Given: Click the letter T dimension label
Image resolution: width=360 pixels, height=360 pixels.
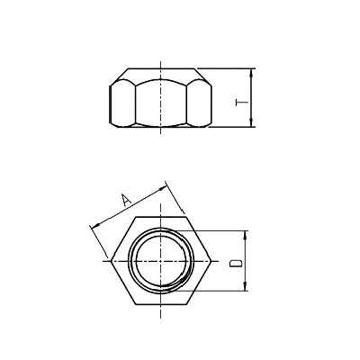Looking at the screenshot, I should pyautogui.click(x=240, y=103).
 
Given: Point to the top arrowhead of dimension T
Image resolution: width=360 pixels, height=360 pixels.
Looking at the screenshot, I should pyautogui.click(x=253, y=72).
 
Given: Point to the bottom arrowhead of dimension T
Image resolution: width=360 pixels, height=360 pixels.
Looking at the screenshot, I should pyautogui.click(x=253, y=123).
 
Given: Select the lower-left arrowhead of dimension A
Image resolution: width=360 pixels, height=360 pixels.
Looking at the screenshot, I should pyautogui.click(x=94, y=225).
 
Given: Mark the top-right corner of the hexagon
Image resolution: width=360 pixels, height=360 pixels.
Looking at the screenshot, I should pyautogui.click(x=186, y=217).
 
